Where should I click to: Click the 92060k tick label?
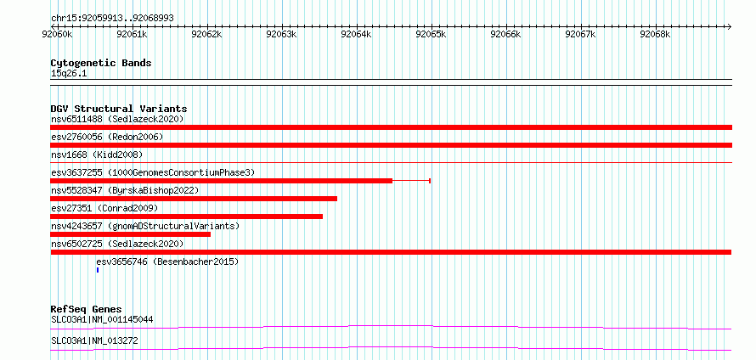click(58, 35)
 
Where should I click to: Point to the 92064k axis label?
click(356, 35)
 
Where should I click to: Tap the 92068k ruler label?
click(655, 35)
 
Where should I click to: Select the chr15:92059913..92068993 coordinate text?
click(112, 19)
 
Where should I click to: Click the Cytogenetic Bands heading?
click(101, 63)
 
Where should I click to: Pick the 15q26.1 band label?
click(69, 74)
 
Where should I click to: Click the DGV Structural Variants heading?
click(119, 109)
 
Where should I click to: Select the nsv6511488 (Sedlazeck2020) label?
click(117, 119)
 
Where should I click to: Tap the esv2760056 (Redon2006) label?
click(107, 137)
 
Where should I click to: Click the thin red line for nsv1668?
click(391, 163)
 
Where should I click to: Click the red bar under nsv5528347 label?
click(194, 199)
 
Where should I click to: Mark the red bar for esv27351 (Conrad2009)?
click(187, 217)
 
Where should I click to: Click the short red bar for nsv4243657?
click(130, 234)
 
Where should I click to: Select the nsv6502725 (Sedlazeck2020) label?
click(117, 244)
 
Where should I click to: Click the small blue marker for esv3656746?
click(98, 270)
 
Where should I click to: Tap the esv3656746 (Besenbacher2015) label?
click(167, 262)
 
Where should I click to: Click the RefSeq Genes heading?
click(87, 309)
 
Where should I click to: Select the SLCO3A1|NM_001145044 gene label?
click(102, 319)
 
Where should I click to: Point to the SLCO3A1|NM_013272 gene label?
click(94, 341)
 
